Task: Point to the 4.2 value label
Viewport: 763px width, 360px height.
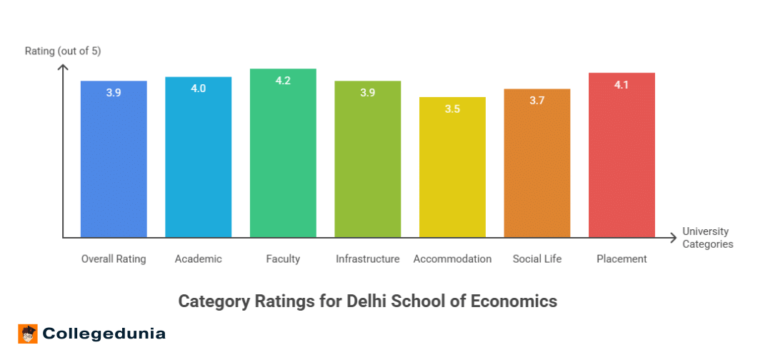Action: click(x=283, y=81)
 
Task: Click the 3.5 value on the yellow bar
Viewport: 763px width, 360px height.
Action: click(x=452, y=109)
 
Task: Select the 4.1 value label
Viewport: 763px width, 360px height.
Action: click(x=622, y=85)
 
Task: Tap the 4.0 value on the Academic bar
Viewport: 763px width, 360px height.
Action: click(x=198, y=89)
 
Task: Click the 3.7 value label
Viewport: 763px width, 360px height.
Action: click(x=537, y=101)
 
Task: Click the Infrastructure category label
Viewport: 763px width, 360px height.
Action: click(x=367, y=259)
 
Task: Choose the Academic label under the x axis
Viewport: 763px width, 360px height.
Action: click(x=198, y=259)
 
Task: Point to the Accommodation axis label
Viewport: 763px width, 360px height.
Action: click(x=452, y=259)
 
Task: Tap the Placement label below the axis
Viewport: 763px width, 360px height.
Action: click(x=622, y=259)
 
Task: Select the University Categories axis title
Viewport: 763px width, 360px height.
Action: click(x=707, y=237)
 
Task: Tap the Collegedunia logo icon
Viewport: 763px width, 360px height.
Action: click(x=28, y=334)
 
